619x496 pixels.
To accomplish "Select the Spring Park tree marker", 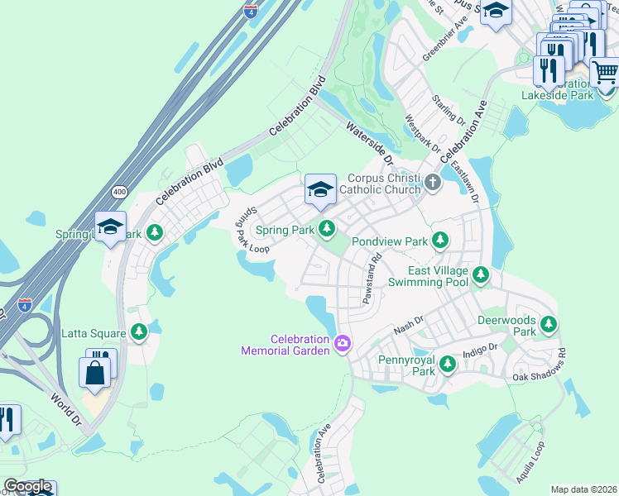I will (x=329, y=227).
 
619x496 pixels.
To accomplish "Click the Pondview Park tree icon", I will (x=441, y=241).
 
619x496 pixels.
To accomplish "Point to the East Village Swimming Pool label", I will (x=439, y=276).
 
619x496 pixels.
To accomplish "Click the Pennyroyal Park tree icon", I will (x=447, y=363).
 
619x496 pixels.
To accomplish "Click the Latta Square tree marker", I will (x=139, y=332).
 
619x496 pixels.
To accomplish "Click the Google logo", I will (x=27, y=486).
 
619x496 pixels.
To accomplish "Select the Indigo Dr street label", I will (x=481, y=350).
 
